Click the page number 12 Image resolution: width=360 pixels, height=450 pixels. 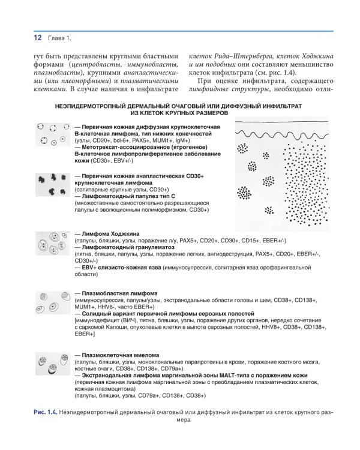[x=37, y=38]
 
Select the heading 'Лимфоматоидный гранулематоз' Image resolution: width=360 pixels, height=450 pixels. [x=124, y=247]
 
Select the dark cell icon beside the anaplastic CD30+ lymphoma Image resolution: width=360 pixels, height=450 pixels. [x=52, y=184]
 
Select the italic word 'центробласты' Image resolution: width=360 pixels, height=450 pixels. [x=98, y=65]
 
